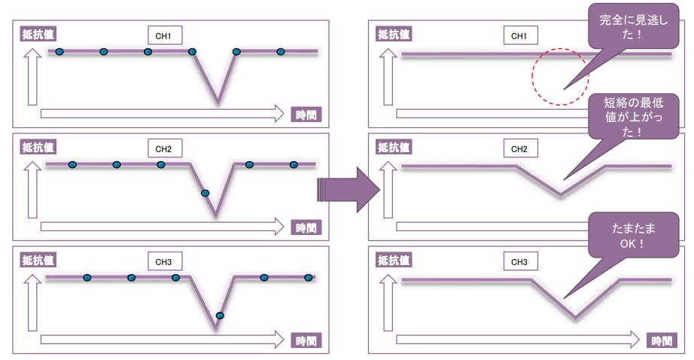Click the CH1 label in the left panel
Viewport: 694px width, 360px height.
[163, 35]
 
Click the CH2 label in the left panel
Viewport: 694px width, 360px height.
[163, 148]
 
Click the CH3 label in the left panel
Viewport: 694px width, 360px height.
[163, 261]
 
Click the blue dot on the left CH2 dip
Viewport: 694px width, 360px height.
[205, 193]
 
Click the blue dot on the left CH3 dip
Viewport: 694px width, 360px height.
[220, 315]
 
